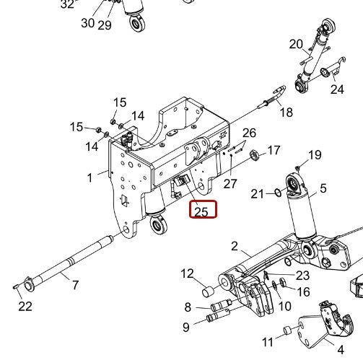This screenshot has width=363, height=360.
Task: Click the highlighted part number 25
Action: pos(201,211)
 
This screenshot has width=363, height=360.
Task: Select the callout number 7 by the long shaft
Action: pos(75,286)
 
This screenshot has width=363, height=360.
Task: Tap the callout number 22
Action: pos(25,307)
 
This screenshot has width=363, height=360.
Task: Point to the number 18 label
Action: pos(287,112)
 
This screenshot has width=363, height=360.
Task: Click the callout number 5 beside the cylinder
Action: pos(323,188)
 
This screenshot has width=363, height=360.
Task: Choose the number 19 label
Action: pos(315,155)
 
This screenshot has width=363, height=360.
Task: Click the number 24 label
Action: pos(337,89)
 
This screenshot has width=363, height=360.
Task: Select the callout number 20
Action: pos(296,44)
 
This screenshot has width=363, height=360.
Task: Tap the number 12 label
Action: pos(188,273)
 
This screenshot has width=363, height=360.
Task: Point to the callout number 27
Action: pos(230,183)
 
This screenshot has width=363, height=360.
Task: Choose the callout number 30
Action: pos(87,23)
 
